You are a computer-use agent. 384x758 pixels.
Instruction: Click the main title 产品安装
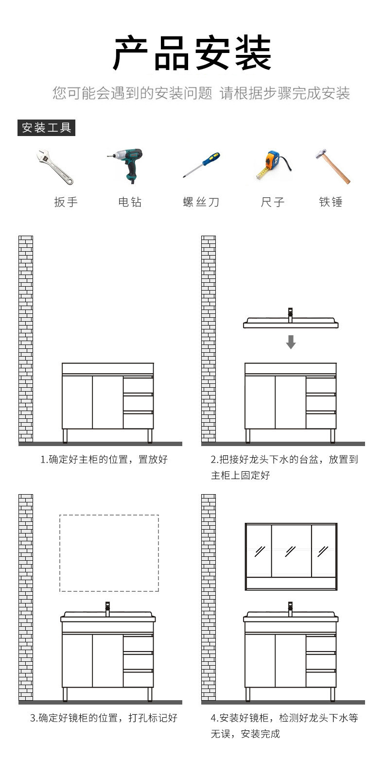pyautogui.click(x=192, y=53)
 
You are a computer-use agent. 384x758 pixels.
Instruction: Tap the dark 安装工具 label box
pyautogui.click(x=47, y=128)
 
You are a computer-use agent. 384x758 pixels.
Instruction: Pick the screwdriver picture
pyautogui.click(x=202, y=165)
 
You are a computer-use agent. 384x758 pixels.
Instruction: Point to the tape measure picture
pyautogui.click(x=272, y=165)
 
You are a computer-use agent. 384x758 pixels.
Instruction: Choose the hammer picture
pyautogui.click(x=333, y=166)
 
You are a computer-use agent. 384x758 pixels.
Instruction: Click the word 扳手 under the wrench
pyautogui.click(x=66, y=202)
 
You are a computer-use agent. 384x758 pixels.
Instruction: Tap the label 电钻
pyautogui.click(x=130, y=202)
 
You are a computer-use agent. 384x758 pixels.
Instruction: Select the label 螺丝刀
pyautogui.click(x=201, y=202)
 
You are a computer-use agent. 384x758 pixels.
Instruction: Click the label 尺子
pyautogui.click(x=272, y=202)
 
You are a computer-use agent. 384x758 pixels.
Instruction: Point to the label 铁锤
pyautogui.click(x=331, y=202)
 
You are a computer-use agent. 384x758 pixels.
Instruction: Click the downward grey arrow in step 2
pyautogui.click(x=291, y=342)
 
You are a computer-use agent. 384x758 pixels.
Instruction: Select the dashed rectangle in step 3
pyautogui.click(x=109, y=553)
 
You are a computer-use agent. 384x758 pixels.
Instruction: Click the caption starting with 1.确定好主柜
pyautogui.click(x=104, y=460)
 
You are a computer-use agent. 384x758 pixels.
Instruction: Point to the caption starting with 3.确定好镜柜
pyautogui.click(x=104, y=718)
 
